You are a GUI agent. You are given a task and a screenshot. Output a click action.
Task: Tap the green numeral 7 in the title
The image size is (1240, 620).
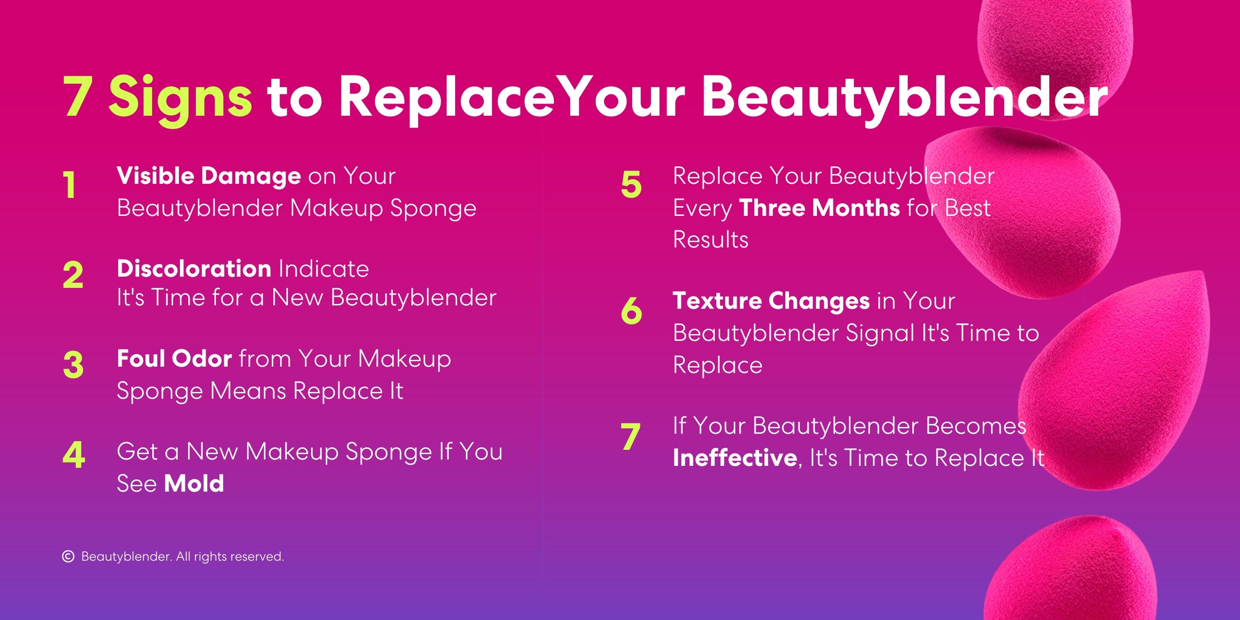[78, 97]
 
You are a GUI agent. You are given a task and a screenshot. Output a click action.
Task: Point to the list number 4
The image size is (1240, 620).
[74, 455]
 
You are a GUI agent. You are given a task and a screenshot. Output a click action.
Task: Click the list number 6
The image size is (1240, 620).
[631, 310]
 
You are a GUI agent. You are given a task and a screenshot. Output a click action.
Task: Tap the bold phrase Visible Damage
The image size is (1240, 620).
[209, 176]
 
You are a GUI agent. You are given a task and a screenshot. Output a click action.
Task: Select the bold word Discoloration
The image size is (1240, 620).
[194, 268]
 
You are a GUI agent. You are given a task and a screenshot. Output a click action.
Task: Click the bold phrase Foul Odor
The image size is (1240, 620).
[174, 359]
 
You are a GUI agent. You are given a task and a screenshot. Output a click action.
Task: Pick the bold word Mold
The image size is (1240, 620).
[194, 483]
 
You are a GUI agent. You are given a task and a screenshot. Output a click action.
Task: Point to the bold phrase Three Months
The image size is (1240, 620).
[819, 208]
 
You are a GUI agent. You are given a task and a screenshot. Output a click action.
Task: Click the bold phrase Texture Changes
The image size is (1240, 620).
[771, 301]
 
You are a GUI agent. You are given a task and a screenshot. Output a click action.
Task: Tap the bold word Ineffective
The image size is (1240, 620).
[735, 458]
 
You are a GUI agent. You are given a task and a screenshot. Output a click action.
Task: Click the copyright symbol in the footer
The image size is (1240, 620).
[68, 556]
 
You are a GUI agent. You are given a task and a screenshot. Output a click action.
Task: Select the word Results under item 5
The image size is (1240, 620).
[710, 240]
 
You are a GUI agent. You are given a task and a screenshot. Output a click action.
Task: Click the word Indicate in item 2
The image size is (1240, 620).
[323, 269]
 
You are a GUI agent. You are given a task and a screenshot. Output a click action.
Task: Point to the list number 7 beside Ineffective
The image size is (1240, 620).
[630, 437]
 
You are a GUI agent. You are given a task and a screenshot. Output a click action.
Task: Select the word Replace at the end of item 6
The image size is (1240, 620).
[718, 365]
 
